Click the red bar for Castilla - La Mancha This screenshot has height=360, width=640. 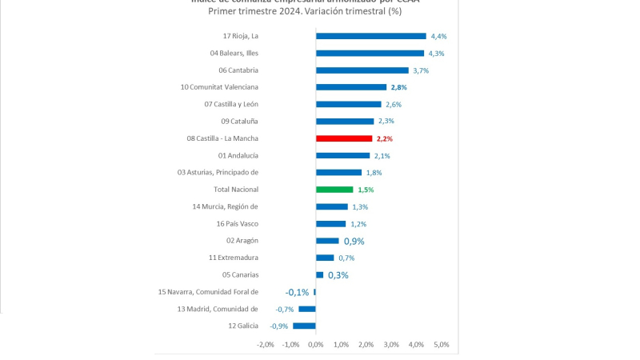[x=344, y=138]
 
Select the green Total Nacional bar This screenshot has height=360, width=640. [x=334, y=190]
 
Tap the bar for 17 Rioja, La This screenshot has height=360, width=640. [x=370, y=36]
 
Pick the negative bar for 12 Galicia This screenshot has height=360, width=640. [x=304, y=326]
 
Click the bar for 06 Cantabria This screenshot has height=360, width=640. [x=362, y=70]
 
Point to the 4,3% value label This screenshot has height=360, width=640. [x=438, y=54]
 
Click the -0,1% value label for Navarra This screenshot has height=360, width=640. [x=297, y=292]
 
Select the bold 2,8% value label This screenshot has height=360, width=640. [x=399, y=87]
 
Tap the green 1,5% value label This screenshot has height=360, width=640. [x=366, y=190]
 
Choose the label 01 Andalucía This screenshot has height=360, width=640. [x=238, y=155]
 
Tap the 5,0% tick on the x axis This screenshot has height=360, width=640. [x=442, y=345]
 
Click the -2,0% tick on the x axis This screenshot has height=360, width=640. [x=265, y=345]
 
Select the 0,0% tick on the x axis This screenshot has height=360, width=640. [x=315, y=345]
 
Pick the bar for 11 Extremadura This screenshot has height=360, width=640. [x=325, y=258]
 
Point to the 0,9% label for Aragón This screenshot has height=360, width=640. [x=354, y=241]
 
